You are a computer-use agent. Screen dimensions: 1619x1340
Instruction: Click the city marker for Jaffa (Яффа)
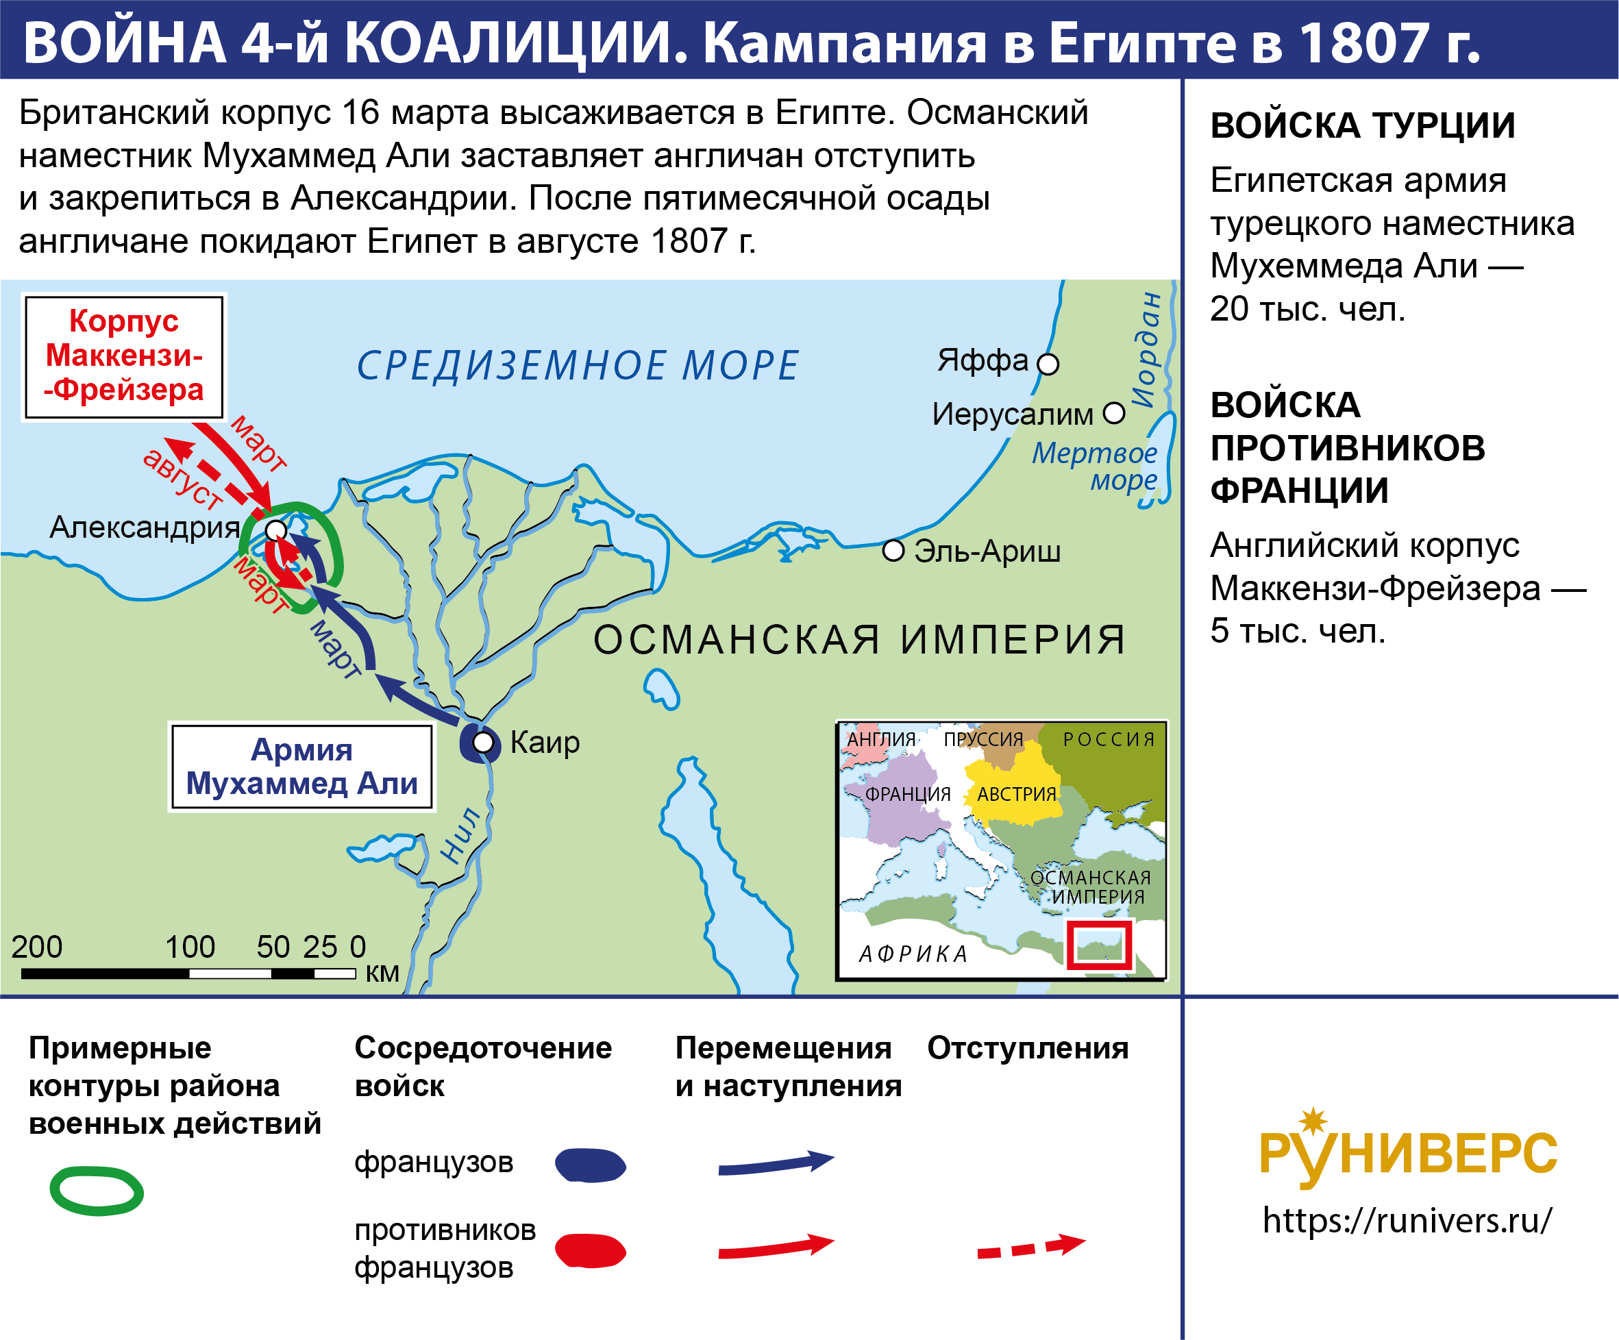click(x=1048, y=364)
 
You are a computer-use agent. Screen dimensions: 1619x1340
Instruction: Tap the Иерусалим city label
click(x=1012, y=414)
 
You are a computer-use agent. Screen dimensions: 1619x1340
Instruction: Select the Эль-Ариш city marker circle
click(x=893, y=551)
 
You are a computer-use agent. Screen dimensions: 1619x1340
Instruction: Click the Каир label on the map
click(x=545, y=743)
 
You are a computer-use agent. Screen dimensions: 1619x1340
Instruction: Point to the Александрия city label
click(x=145, y=528)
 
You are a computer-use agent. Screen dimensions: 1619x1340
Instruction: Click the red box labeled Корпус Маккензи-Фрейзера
click(x=124, y=357)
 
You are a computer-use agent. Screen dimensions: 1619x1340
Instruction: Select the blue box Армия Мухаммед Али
click(x=301, y=767)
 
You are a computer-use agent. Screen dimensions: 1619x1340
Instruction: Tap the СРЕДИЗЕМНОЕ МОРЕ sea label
click(x=578, y=364)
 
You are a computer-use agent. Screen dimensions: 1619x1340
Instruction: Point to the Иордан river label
click(x=1147, y=349)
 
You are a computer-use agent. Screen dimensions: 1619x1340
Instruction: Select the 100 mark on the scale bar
click(x=190, y=947)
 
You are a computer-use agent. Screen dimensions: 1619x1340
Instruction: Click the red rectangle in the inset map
click(x=1098, y=945)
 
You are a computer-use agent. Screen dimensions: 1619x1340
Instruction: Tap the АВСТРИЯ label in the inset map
click(x=1017, y=794)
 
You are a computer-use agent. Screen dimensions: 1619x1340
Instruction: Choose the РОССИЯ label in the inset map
click(x=1109, y=739)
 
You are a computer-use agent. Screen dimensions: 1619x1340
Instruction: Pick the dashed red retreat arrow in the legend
click(x=1030, y=1248)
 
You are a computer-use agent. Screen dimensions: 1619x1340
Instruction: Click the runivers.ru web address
click(x=1408, y=1221)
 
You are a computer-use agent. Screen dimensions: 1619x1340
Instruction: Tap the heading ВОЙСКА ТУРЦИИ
click(x=1362, y=125)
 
